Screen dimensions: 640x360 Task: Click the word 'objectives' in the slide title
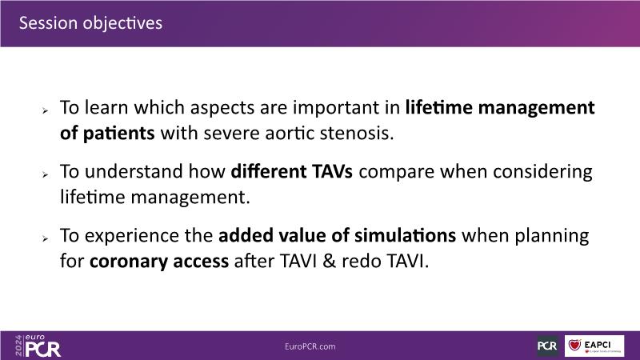point(122,23)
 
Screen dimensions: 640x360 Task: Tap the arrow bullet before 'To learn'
point(45,110)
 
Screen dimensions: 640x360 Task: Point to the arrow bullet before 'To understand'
point(45,174)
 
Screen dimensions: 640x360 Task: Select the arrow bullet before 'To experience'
point(45,238)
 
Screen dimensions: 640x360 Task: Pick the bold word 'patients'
point(118,134)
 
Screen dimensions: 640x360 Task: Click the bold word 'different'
point(268,171)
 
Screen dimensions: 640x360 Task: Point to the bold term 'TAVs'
point(332,171)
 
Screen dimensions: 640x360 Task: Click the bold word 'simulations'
point(405,235)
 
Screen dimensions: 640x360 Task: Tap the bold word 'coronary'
point(129,262)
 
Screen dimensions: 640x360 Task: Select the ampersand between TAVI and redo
point(329,262)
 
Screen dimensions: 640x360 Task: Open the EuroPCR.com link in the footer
point(310,346)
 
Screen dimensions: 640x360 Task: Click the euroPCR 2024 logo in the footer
point(38,346)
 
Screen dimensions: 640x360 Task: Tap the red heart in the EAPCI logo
point(574,345)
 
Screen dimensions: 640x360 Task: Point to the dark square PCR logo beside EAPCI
point(548,346)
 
